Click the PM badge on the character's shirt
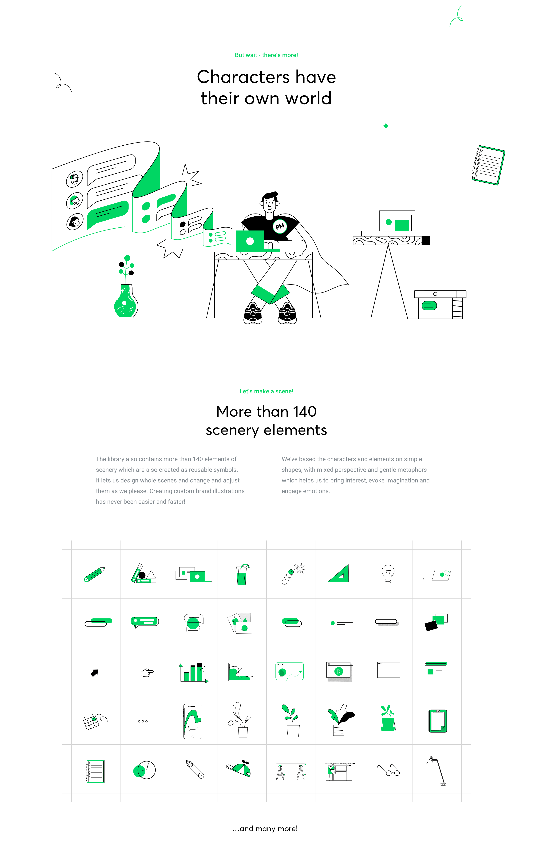280,226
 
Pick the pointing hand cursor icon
147,672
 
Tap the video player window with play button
339,671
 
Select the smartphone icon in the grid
193,721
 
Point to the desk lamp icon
436,771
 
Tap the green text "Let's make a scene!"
266,391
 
